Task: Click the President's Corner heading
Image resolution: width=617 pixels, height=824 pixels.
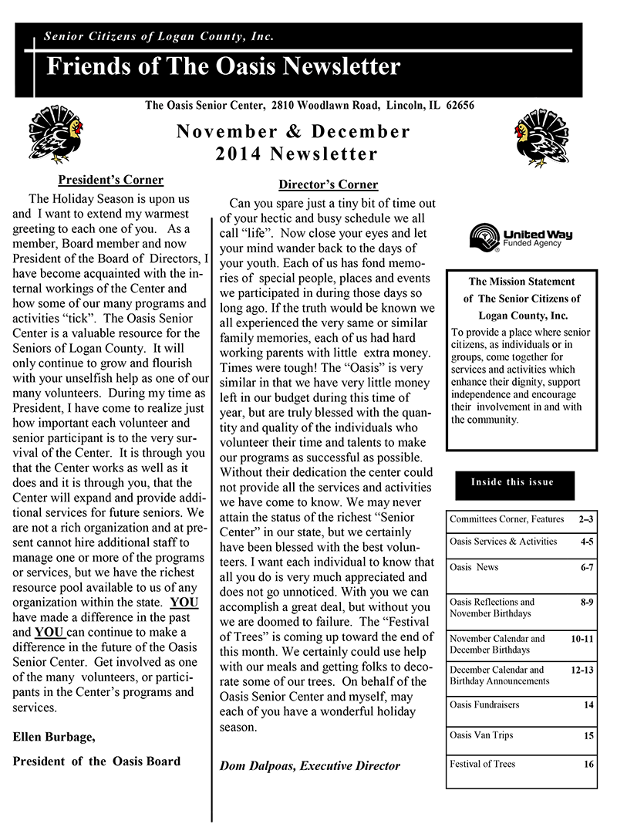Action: (111, 180)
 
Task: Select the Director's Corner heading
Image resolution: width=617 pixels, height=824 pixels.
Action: (328, 184)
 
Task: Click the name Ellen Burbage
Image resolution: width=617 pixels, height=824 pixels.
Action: (54, 737)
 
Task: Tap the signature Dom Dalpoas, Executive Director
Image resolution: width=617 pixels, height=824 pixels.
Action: (310, 765)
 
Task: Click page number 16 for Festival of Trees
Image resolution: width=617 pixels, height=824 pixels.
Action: (588, 765)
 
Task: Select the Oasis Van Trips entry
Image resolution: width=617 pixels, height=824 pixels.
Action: (481, 735)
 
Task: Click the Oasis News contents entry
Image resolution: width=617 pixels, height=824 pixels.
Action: (474, 567)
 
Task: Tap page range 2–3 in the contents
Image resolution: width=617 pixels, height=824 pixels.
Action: (585, 520)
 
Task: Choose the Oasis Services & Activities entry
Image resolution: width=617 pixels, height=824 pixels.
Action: (503, 542)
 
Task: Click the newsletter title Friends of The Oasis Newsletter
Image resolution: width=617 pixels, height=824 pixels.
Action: (224, 66)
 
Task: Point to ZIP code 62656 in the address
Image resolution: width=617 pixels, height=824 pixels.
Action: (457, 105)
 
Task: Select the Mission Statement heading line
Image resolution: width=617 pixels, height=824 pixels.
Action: (521, 282)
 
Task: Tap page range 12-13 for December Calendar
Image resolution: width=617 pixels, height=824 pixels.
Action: (582, 670)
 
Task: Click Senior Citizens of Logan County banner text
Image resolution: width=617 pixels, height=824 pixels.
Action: (159, 36)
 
